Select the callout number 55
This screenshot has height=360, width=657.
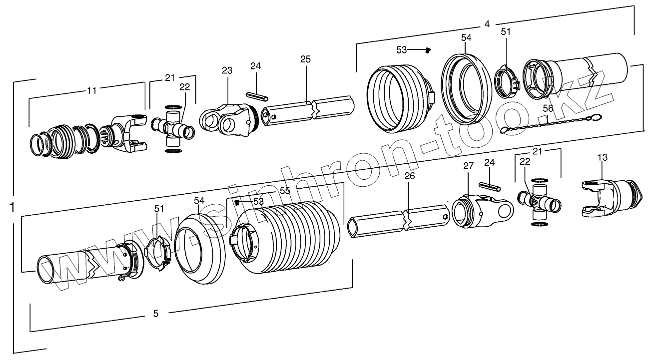[284, 190]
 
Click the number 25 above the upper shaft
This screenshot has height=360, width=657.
[305, 59]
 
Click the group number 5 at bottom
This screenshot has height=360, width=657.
[155, 314]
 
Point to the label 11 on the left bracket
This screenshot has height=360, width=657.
[91, 90]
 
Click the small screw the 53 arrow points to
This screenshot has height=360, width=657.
[428, 49]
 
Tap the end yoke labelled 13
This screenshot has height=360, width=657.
[610, 197]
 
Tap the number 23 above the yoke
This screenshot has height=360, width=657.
[227, 70]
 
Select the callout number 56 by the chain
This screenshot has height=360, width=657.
[548, 107]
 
